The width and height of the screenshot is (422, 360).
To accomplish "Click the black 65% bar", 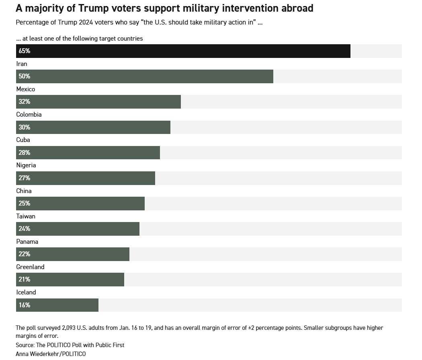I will pos(183,51).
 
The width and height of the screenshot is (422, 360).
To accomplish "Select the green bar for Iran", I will pos(145,76).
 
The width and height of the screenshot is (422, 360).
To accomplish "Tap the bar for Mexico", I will pos(98,102).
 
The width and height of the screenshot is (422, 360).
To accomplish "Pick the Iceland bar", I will pos(57,305).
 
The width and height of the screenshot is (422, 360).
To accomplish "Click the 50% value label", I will pos(25,76).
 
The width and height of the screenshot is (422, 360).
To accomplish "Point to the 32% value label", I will pos(25,102).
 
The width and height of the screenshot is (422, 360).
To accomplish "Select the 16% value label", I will pos(25,305).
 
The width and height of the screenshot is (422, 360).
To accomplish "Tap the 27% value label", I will pos(25,178).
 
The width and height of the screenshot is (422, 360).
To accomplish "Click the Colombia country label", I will pos(29,115).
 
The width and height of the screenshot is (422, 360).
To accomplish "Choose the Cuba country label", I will pos(23,140).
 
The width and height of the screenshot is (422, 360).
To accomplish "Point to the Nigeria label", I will pos(26,165).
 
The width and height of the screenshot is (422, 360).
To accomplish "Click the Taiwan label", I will pos(26,216).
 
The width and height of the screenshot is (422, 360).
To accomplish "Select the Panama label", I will pos(27,241).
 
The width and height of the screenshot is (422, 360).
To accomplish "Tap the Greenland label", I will pos(30,267).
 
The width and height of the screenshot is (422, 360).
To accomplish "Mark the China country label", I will pos(24,191).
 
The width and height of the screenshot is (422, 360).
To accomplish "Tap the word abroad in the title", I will pos(297,8).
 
